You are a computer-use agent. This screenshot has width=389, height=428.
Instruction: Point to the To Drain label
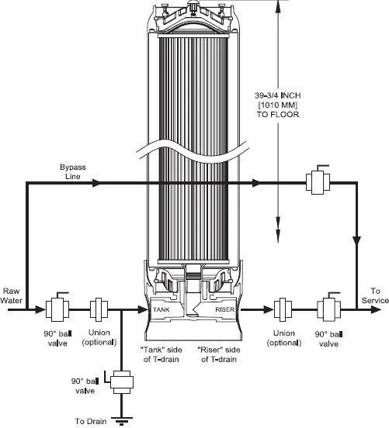[90, 421]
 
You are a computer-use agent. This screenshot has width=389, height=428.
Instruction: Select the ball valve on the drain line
[121, 381]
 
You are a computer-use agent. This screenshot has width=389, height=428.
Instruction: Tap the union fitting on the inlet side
[99, 309]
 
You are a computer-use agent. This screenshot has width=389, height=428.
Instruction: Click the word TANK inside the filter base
[161, 308]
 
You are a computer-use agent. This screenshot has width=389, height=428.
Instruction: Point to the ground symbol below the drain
[121, 421]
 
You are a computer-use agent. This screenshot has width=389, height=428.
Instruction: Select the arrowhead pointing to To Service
[377, 309]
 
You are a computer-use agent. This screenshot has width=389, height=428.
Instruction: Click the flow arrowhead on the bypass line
[95, 183]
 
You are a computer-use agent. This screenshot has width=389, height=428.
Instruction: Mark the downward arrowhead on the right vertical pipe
[356, 241]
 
